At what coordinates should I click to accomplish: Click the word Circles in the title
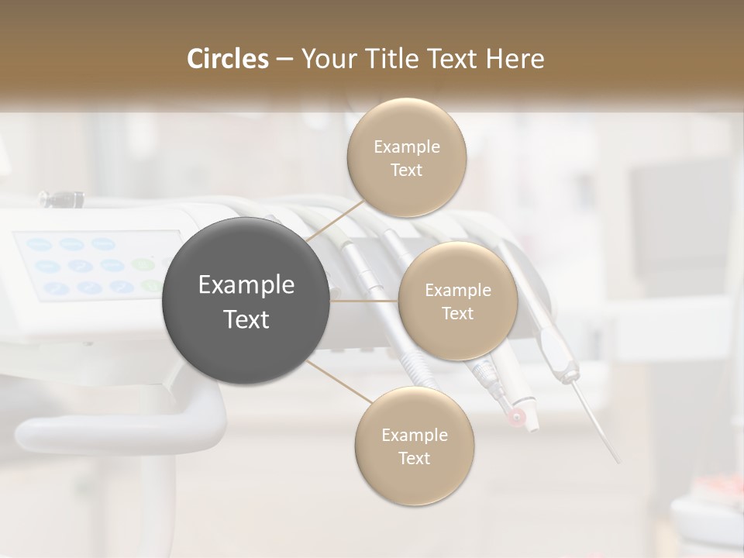[x=227, y=59]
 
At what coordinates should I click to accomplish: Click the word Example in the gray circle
[x=246, y=285]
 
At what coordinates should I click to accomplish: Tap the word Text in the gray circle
[x=246, y=319]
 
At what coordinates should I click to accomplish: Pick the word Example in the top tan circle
[x=407, y=146]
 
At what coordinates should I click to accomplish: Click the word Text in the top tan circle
[x=407, y=170]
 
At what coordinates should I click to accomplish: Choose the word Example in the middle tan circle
[x=458, y=290]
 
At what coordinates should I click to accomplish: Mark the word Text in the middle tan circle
[x=458, y=313]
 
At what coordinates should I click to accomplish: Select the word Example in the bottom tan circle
[x=415, y=435]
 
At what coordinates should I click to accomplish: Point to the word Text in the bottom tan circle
[x=415, y=458]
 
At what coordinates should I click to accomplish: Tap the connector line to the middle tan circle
[x=364, y=301]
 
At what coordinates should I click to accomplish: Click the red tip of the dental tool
[x=515, y=419]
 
